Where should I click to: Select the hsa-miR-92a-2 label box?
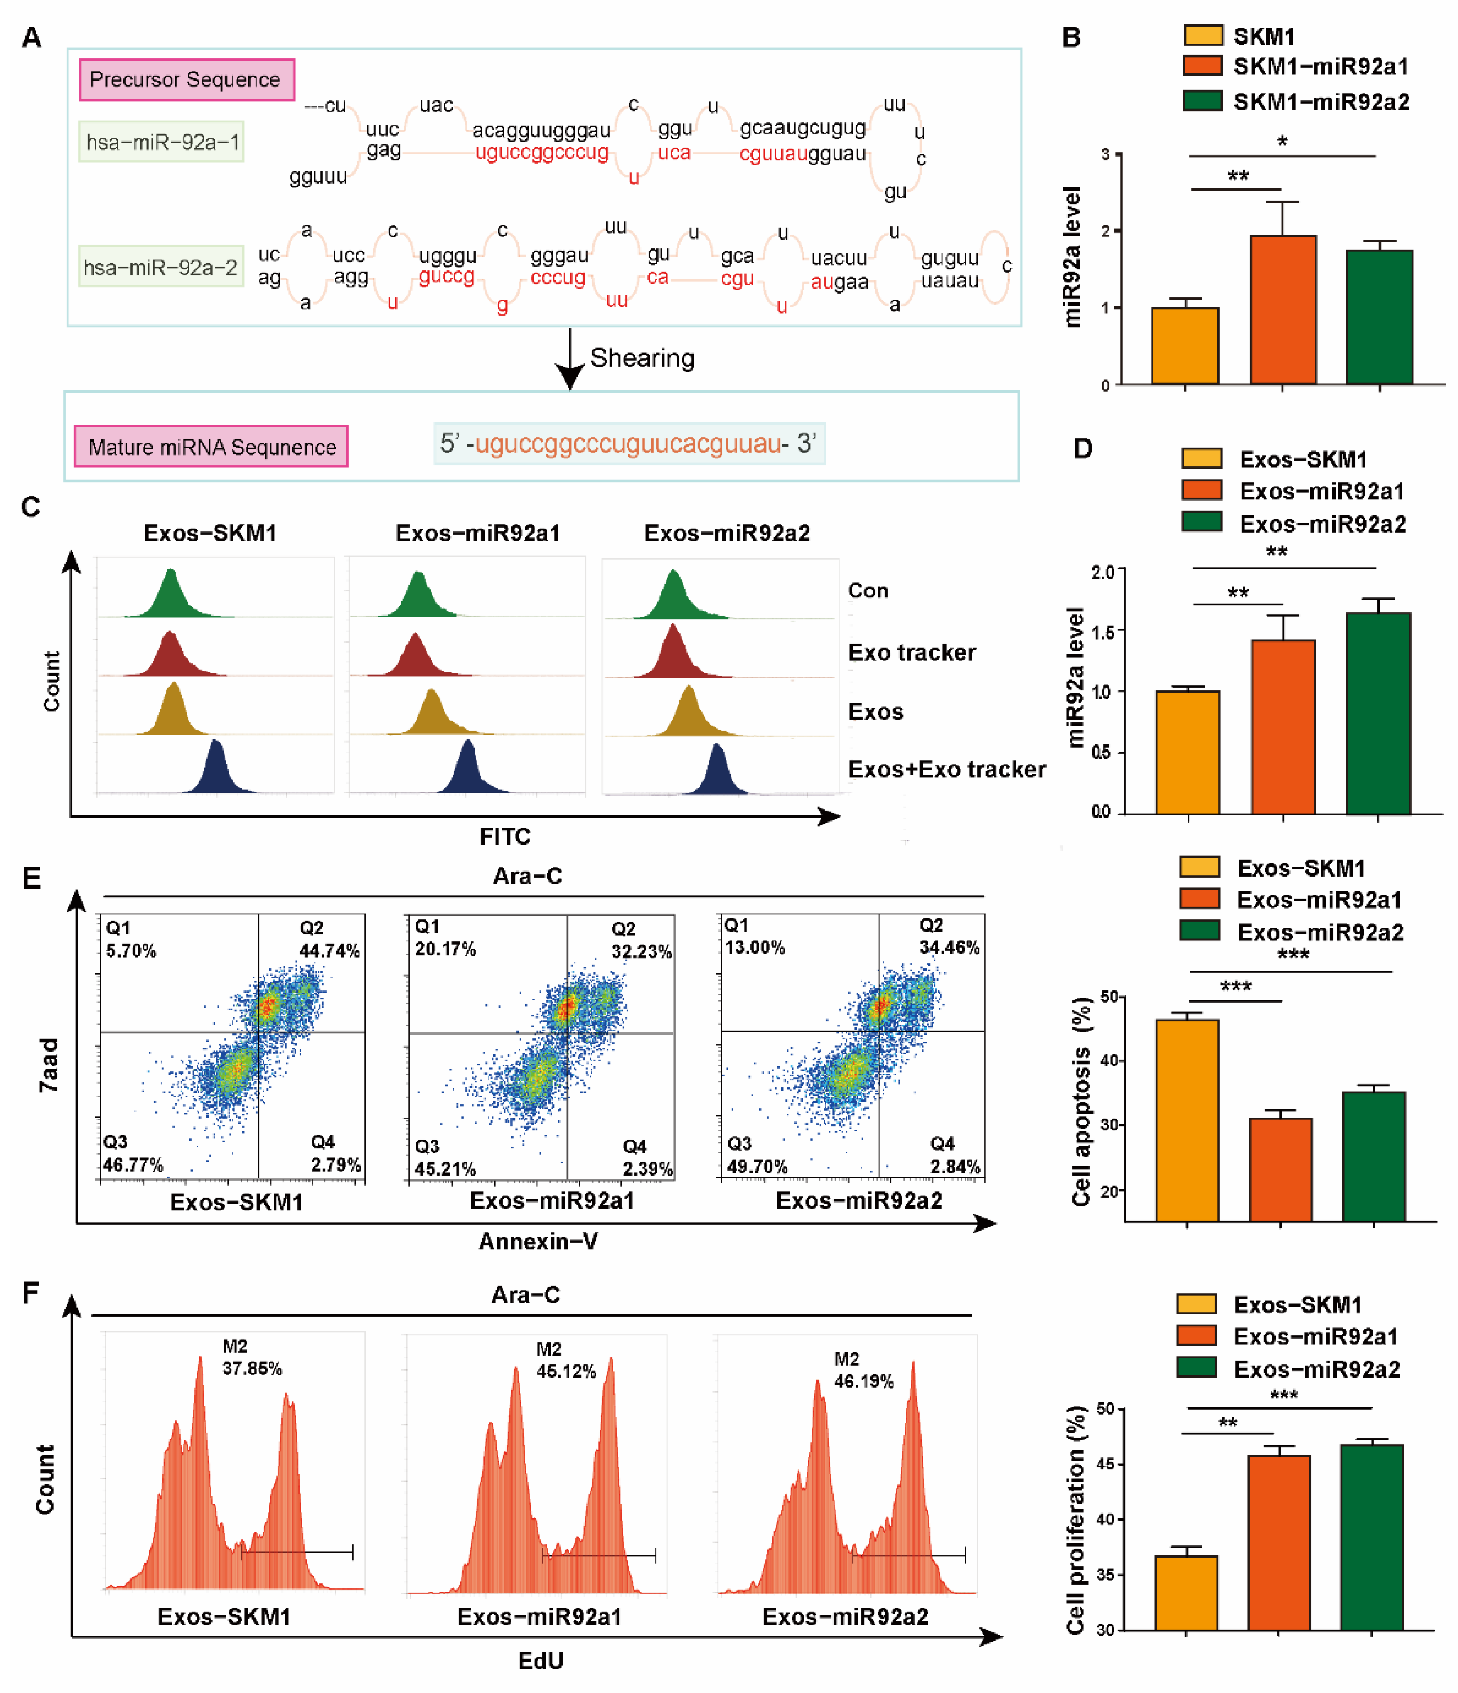(161, 267)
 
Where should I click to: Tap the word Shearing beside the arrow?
(642, 358)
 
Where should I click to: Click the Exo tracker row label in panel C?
(911, 652)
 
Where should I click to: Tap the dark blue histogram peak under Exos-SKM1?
(216, 768)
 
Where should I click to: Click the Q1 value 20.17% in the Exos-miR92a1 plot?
(445, 949)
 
